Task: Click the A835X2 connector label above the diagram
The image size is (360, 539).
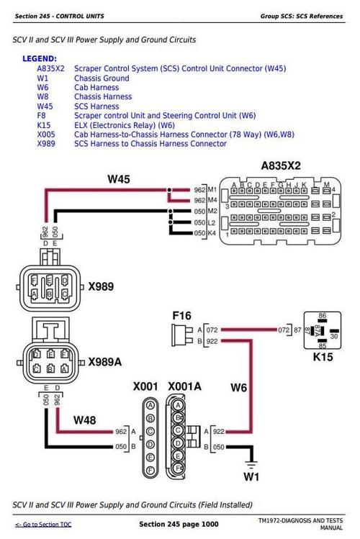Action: (x=281, y=166)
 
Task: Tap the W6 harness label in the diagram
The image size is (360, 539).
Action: (x=239, y=389)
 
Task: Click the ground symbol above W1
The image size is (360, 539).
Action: (x=251, y=458)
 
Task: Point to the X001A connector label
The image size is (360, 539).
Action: (x=184, y=386)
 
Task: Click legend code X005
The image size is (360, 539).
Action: (x=46, y=135)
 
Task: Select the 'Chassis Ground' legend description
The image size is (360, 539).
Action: (x=102, y=78)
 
